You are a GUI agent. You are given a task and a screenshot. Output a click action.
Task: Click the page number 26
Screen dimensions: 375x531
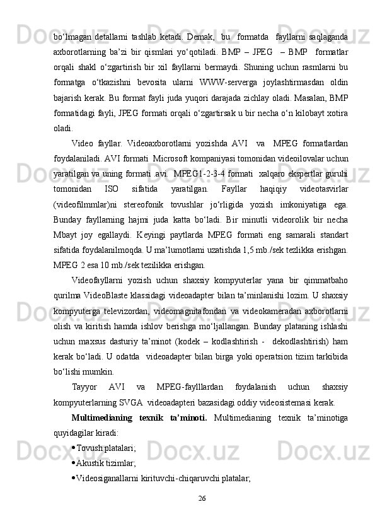[x=202, y=499]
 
